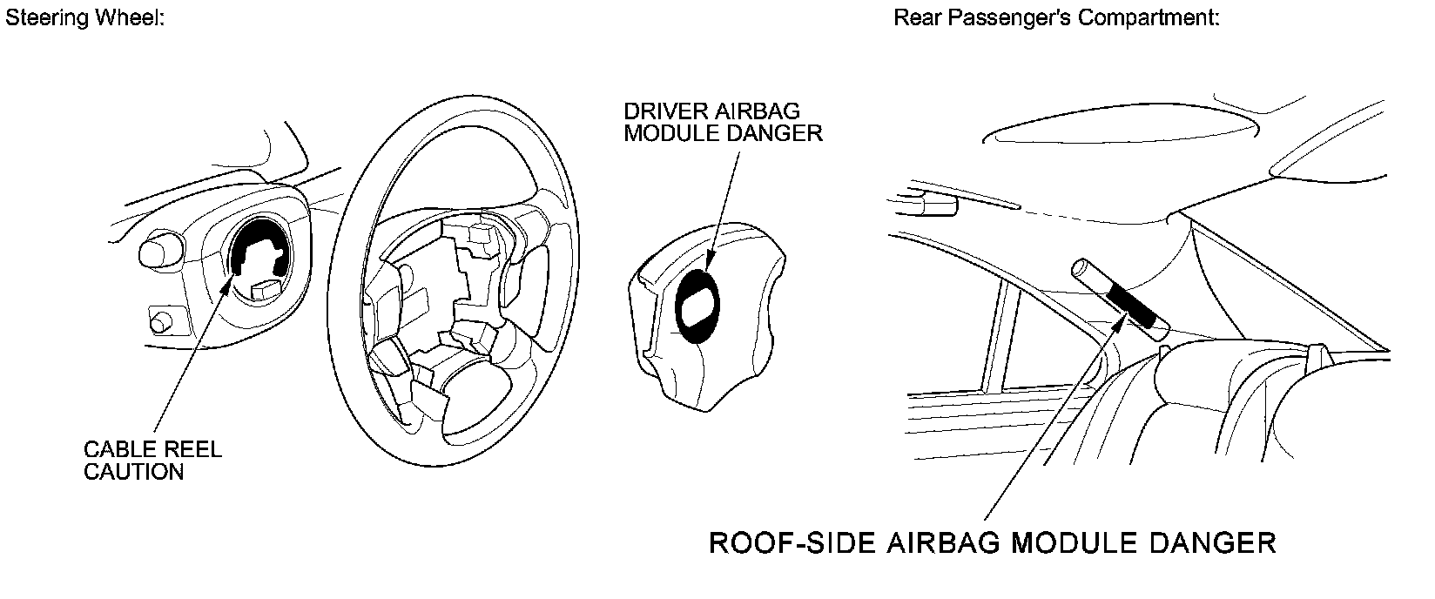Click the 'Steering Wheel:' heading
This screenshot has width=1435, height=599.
tap(84, 18)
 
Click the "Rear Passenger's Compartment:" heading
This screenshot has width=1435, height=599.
tap(1055, 18)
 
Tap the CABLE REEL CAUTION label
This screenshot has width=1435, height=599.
tap(152, 461)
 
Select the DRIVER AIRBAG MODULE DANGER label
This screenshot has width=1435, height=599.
tap(723, 122)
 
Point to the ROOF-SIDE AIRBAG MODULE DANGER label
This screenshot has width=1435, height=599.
tap(993, 542)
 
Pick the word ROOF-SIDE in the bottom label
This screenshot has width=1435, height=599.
tap(789, 542)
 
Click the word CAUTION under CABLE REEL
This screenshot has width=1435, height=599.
tap(133, 472)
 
